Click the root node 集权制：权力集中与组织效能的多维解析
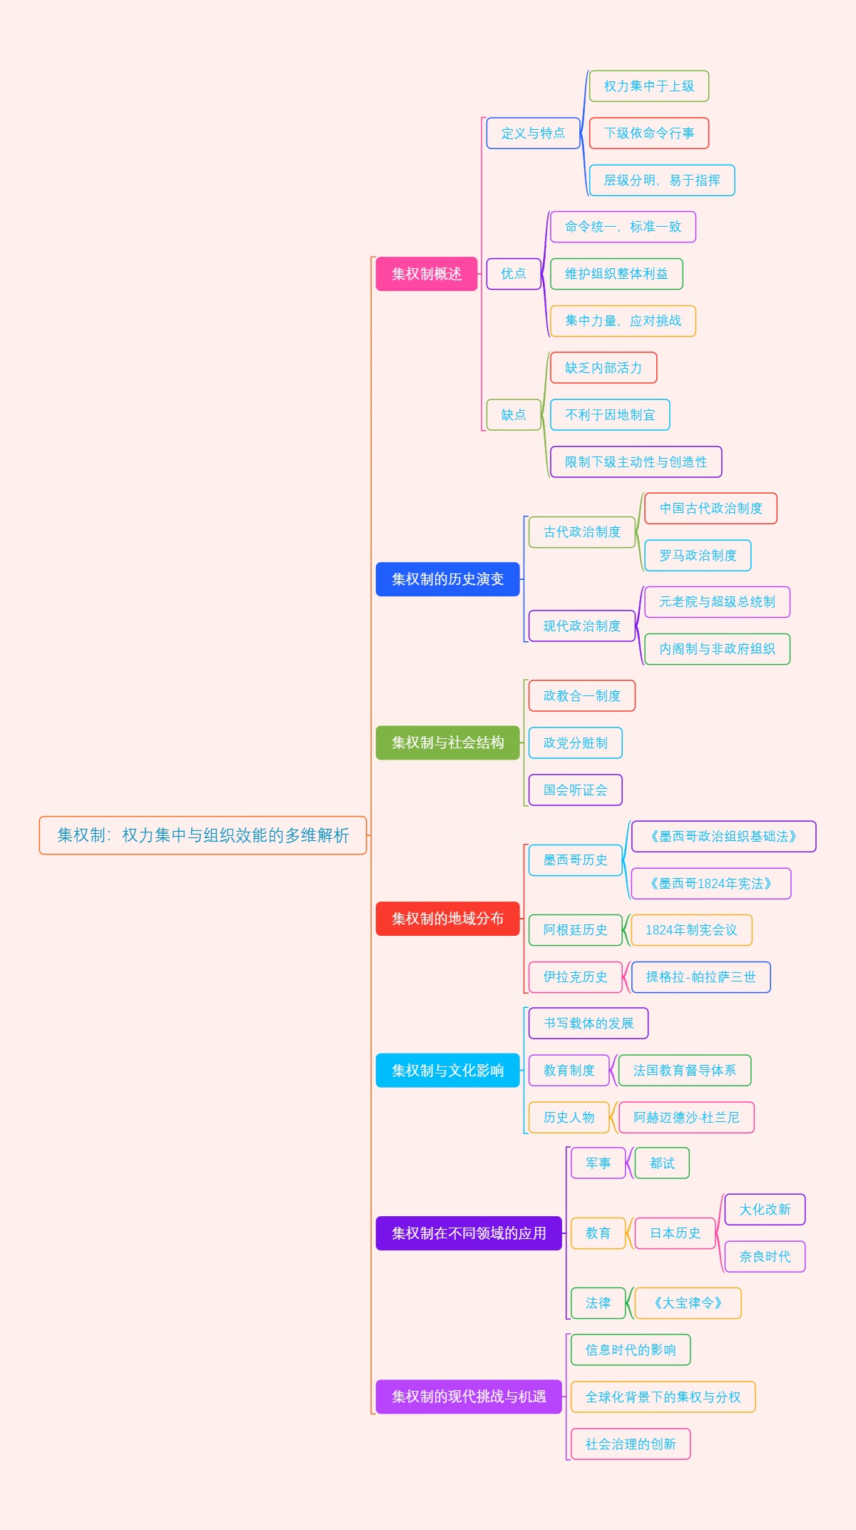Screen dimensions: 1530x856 click(x=203, y=835)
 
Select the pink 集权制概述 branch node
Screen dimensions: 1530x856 click(x=427, y=274)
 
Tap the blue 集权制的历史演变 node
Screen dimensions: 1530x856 click(x=447, y=579)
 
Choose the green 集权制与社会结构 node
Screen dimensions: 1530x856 click(x=447, y=743)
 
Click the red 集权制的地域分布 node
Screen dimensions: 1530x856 click(x=447, y=918)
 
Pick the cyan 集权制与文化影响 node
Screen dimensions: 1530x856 click(x=447, y=1070)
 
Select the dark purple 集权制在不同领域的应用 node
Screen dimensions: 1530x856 click(x=469, y=1233)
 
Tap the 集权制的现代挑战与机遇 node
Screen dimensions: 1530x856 click(x=469, y=1397)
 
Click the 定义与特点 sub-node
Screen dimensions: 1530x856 click(x=533, y=133)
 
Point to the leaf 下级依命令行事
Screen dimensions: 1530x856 click(x=649, y=133)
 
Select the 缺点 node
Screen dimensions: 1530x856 click(x=514, y=414)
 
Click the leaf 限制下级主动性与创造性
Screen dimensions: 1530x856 click(x=636, y=461)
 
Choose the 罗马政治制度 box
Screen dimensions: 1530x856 click(x=698, y=556)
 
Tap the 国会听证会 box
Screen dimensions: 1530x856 click(x=575, y=790)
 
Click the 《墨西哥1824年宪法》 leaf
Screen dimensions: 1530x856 click(x=710, y=884)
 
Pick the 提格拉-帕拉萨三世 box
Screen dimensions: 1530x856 click(x=700, y=977)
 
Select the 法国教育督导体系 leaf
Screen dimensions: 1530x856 click(x=684, y=1070)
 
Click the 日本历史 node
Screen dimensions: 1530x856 click(x=675, y=1233)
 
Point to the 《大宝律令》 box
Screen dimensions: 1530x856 click(x=688, y=1303)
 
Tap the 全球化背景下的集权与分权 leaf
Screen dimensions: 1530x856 click(x=663, y=1397)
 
